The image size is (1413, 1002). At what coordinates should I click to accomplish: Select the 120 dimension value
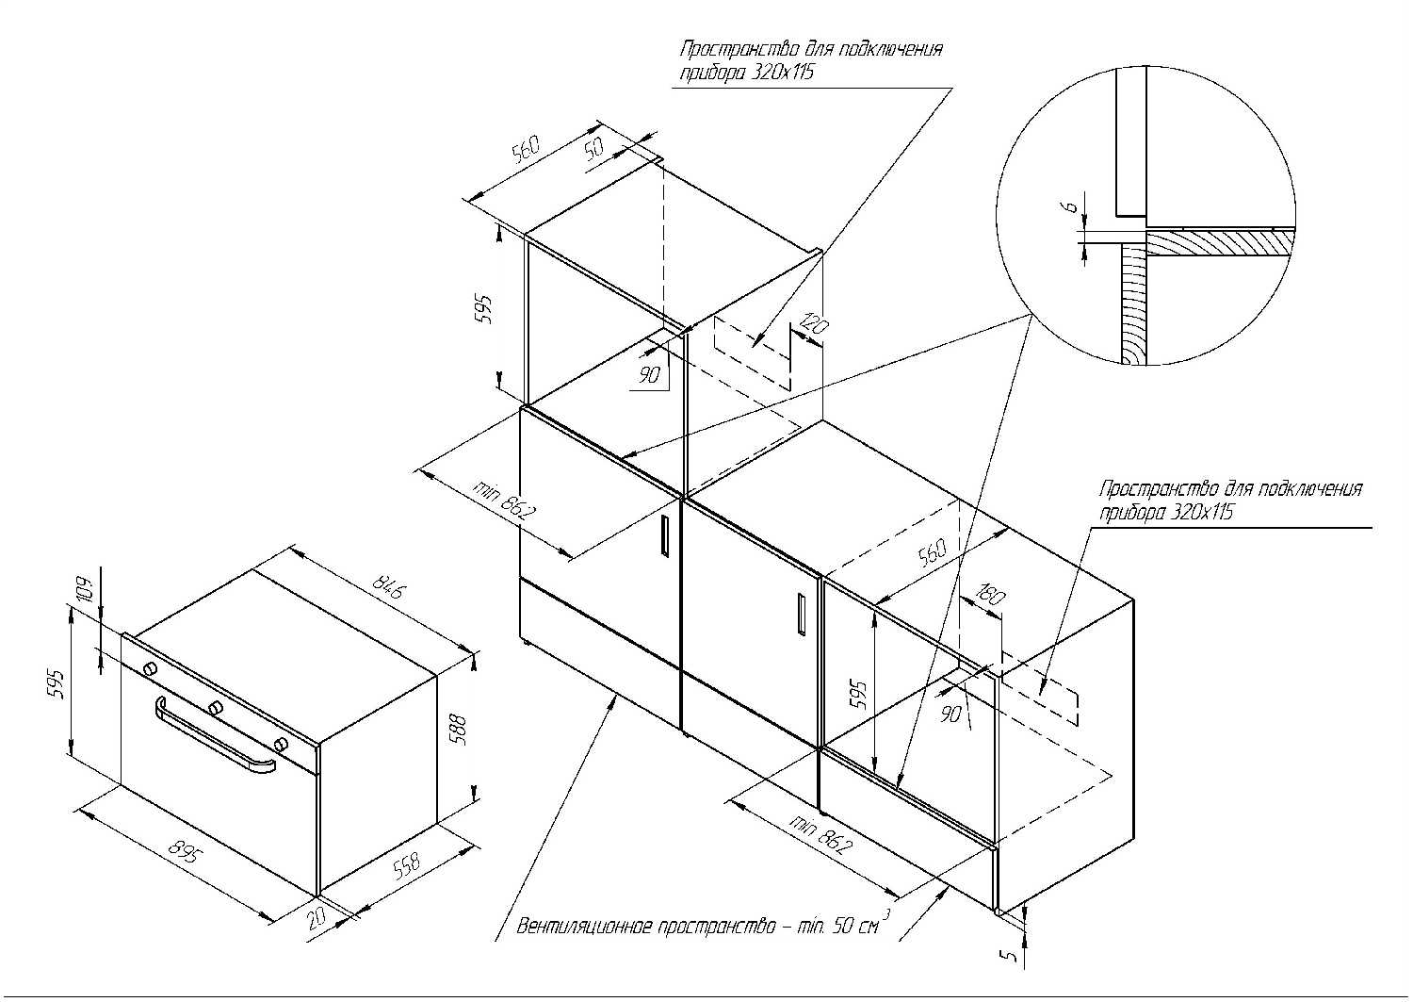[813, 324]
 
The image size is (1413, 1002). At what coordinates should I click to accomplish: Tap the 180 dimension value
[991, 595]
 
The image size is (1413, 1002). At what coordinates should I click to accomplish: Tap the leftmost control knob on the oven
[151, 668]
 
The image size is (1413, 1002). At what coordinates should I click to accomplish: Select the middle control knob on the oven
[217, 706]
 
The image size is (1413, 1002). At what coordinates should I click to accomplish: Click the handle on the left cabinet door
[665, 535]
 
